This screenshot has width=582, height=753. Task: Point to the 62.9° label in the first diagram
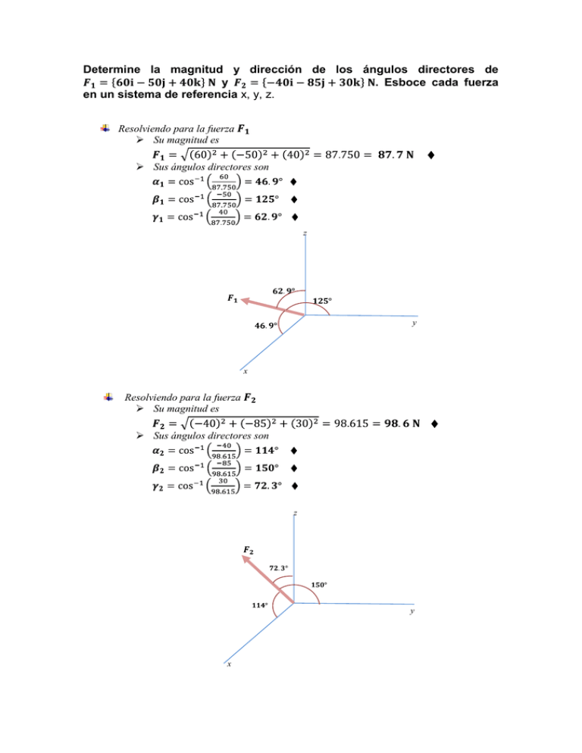coord(283,291)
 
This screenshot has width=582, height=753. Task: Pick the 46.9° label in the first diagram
coord(265,325)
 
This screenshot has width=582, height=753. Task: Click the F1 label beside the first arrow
coord(233,298)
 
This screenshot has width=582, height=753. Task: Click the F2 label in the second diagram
coord(249,548)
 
